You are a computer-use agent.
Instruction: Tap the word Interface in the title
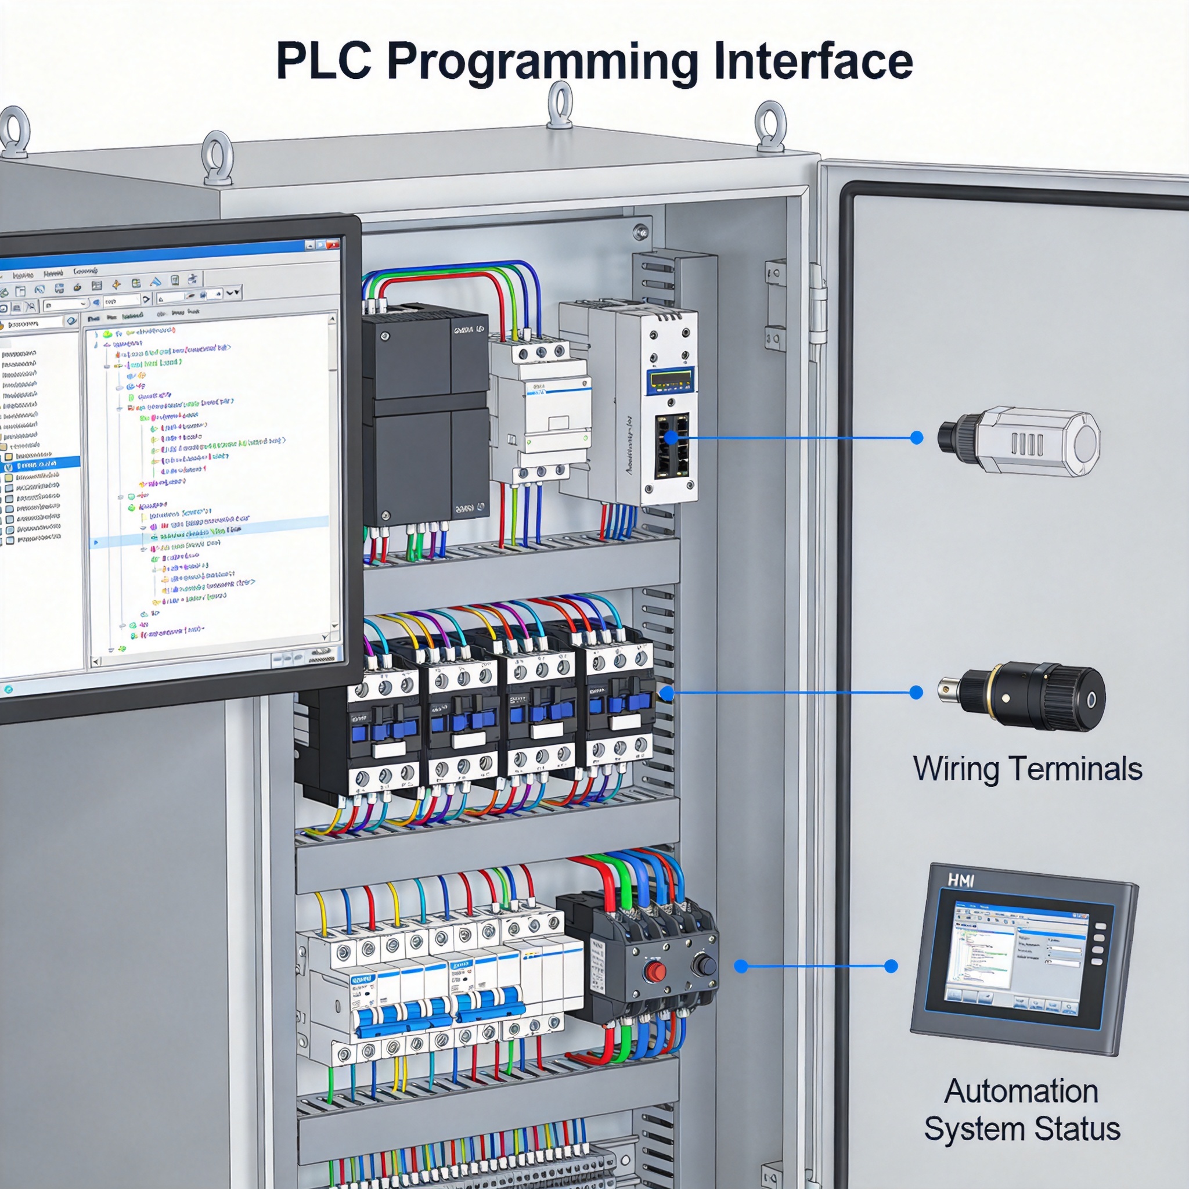point(812,61)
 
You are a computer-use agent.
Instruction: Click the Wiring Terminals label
point(1027,769)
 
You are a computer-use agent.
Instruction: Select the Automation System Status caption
point(1022,1109)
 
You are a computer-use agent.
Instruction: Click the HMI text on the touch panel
point(961,881)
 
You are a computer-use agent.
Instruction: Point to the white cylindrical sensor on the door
point(1018,439)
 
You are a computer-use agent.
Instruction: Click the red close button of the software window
point(333,244)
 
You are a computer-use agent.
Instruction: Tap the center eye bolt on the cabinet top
point(560,105)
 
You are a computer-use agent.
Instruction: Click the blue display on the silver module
point(670,381)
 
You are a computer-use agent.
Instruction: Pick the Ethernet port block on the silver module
point(672,445)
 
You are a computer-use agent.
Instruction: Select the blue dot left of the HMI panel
point(891,966)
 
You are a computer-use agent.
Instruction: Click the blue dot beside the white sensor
point(916,438)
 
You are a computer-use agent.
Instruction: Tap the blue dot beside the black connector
point(916,693)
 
